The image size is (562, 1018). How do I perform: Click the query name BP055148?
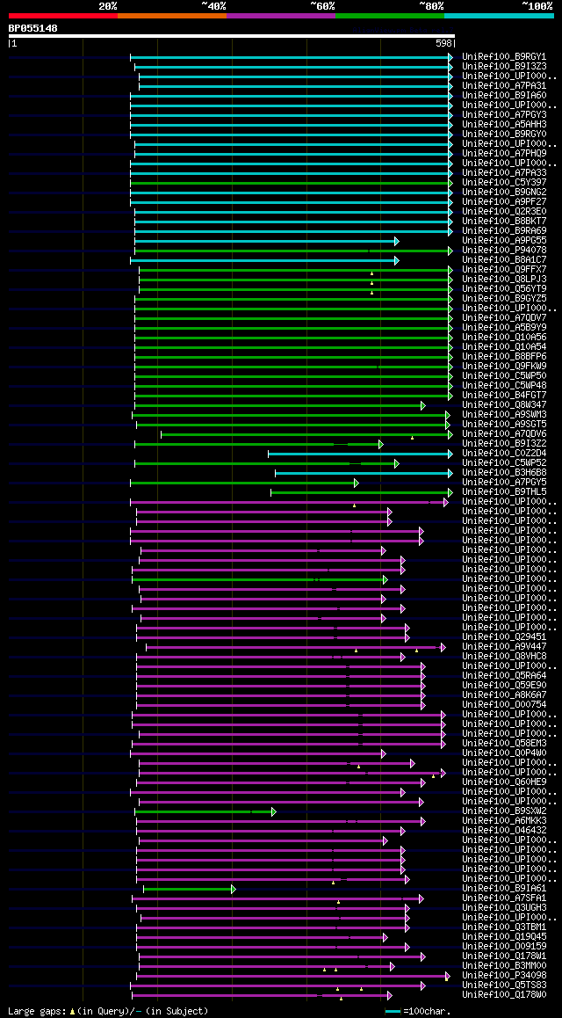click(32, 28)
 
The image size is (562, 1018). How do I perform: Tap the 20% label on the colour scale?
click(107, 5)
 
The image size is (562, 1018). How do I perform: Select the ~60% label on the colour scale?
click(322, 5)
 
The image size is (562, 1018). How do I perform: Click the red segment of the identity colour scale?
click(62, 15)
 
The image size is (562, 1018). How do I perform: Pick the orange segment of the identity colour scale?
click(171, 15)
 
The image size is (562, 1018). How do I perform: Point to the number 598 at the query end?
click(444, 42)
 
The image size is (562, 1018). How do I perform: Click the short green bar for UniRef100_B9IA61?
click(188, 889)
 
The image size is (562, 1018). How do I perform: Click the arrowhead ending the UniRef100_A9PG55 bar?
click(397, 241)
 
